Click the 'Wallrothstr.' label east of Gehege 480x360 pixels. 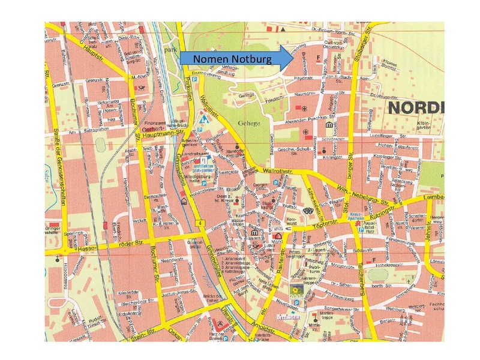click(287, 170)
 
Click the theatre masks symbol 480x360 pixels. click(308, 211)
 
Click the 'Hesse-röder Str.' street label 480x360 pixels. click(108, 244)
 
